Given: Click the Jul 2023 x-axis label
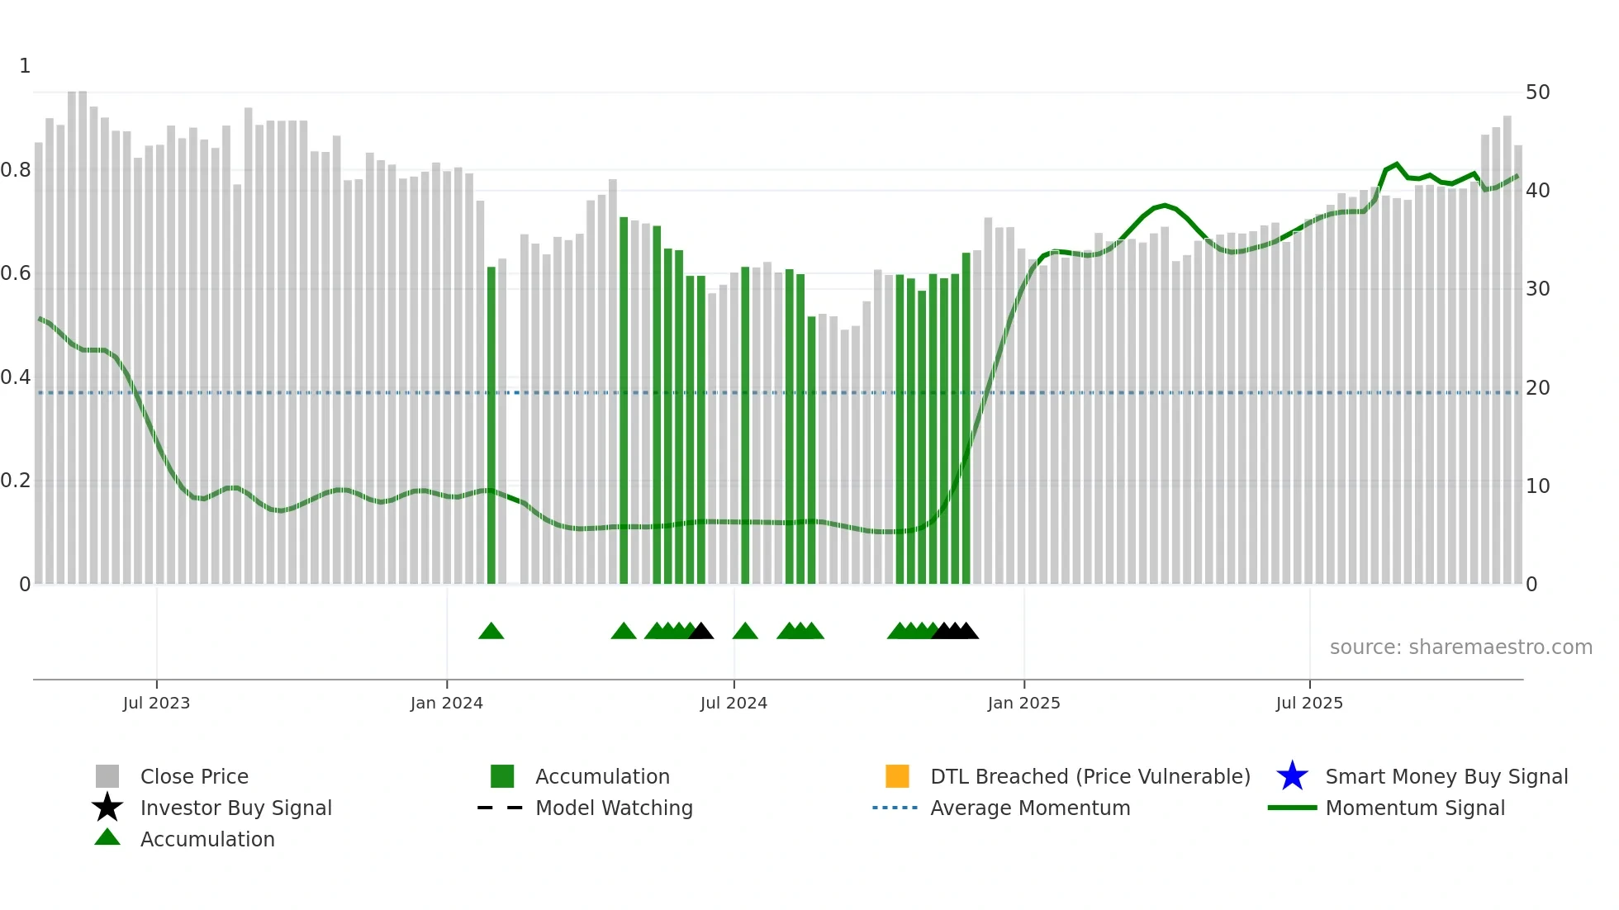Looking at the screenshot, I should pyautogui.click(x=156, y=703).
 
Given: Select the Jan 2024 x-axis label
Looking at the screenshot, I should pyautogui.click(x=446, y=703).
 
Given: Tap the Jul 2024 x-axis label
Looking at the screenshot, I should pyautogui.click(x=734, y=703).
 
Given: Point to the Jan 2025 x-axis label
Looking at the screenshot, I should pyautogui.click(x=1023, y=703).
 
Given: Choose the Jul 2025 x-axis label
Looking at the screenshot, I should pyautogui.click(x=1309, y=703).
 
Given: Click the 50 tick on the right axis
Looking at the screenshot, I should pyautogui.click(x=1537, y=92).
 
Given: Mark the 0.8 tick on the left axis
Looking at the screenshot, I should pyautogui.click(x=16, y=170).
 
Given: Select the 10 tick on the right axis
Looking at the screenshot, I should pyautogui.click(x=1537, y=486).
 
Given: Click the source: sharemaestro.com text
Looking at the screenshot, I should pyautogui.click(x=1460, y=647).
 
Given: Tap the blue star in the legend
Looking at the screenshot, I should pyautogui.click(x=1292, y=776).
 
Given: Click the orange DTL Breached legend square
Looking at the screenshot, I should pyautogui.click(x=897, y=776).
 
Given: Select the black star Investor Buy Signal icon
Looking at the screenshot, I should pyautogui.click(x=107, y=808).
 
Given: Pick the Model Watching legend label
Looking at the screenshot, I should pyautogui.click(x=614, y=808).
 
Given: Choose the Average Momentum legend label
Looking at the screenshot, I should pyautogui.click(x=1030, y=808).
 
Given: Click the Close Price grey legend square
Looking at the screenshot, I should pyautogui.click(x=107, y=776).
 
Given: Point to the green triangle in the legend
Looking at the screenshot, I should pyautogui.click(x=107, y=837).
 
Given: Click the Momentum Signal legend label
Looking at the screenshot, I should pyautogui.click(x=1415, y=808).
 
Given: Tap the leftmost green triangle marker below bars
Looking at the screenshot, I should pyautogui.click(x=491, y=632).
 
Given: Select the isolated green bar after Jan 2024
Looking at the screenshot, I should pyautogui.click(x=491, y=425).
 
